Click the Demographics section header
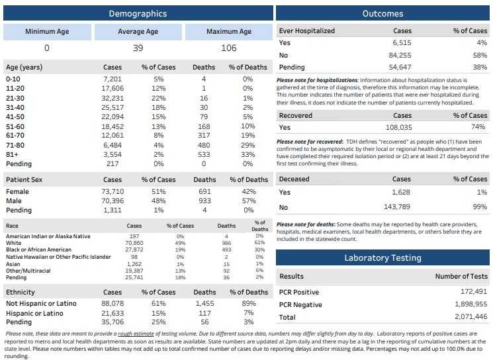(138, 13)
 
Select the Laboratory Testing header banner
(383, 257)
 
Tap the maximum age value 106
(229, 48)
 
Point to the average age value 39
(138, 48)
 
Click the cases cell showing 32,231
(112, 97)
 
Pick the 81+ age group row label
(13, 154)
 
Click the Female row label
(17, 191)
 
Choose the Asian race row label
(13, 263)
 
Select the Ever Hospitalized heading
(307, 31)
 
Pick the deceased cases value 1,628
(402, 192)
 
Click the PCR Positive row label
(299, 292)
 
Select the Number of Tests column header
(461, 277)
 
